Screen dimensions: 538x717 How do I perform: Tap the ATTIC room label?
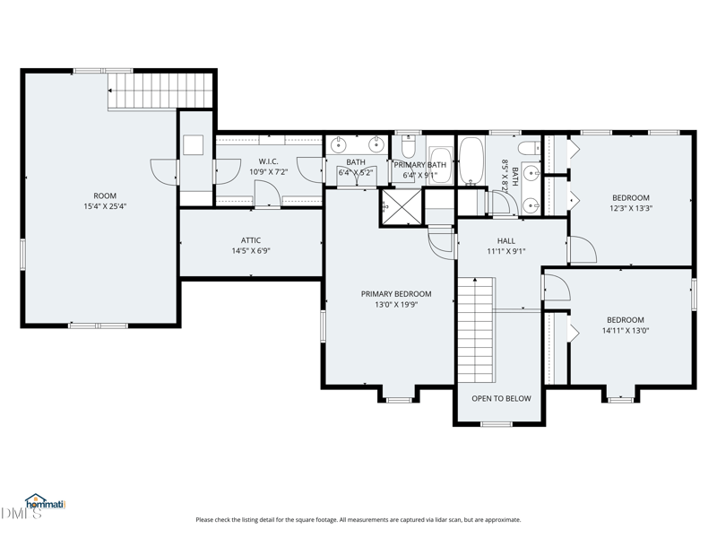point(251,240)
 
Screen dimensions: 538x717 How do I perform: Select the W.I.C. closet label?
point(268,161)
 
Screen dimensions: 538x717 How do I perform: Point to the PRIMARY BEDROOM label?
point(396,294)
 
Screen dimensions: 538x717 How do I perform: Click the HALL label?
point(506,241)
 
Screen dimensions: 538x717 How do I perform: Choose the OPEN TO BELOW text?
point(501,398)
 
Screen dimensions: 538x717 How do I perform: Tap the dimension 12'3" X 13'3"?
point(631,208)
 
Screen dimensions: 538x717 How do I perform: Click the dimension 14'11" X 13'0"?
point(626,331)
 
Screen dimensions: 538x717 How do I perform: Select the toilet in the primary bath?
point(409,145)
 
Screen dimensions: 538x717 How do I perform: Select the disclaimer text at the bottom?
point(358,520)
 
